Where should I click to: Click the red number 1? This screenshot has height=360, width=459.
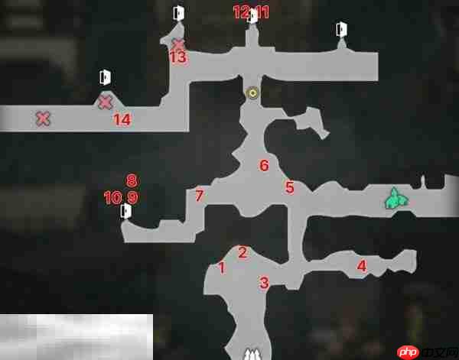pos(222,268)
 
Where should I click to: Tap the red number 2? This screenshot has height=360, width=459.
pos(243,253)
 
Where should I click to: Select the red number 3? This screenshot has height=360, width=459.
pos(264,283)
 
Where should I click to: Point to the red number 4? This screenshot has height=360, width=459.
pos(362,266)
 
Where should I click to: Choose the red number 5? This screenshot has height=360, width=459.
pos(289,188)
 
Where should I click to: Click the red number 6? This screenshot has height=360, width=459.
pos(264,166)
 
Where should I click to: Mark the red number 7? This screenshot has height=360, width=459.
pos(200,196)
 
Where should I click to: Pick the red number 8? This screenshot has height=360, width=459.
pos(132,181)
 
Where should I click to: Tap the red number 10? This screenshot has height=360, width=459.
pos(112,198)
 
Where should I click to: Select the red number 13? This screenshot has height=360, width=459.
pos(178,57)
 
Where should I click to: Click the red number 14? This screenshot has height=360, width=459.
pos(122,120)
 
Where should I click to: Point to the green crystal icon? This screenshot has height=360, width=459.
pos(396,199)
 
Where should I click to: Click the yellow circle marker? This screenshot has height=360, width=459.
pos(252,93)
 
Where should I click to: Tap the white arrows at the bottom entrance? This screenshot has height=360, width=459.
pos(252,354)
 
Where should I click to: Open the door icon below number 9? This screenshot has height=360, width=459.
pos(126,211)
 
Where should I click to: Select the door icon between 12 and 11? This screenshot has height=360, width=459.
pos(252,16)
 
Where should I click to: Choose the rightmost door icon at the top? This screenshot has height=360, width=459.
pos(341,29)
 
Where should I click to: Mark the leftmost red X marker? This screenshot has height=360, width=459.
pos(43,119)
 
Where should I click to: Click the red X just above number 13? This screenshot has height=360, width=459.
pos(177,44)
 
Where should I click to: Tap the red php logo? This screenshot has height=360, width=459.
pos(408,352)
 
